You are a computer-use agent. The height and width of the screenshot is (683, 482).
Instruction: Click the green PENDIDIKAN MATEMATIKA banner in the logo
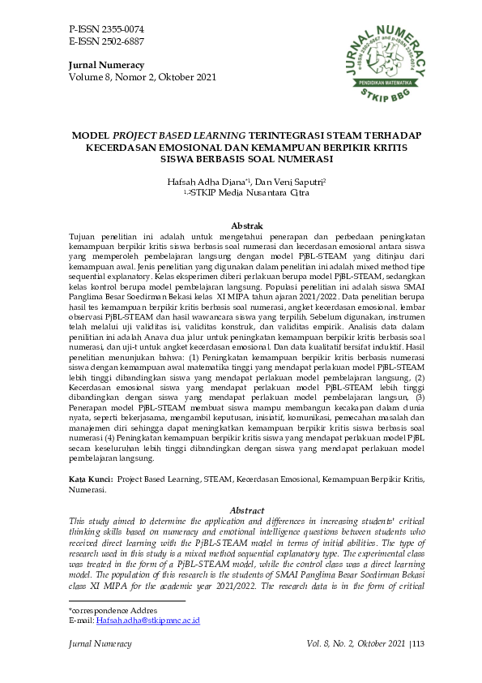coord(385,84)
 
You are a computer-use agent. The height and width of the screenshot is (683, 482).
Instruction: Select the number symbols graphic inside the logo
coord(385,57)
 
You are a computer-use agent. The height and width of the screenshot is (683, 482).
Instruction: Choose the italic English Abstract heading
coord(247,510)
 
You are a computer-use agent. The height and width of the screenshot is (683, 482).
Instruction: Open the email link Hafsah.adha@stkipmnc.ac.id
coord(148,621)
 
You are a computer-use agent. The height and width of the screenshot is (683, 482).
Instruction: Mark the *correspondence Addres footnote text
coord(113,610)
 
